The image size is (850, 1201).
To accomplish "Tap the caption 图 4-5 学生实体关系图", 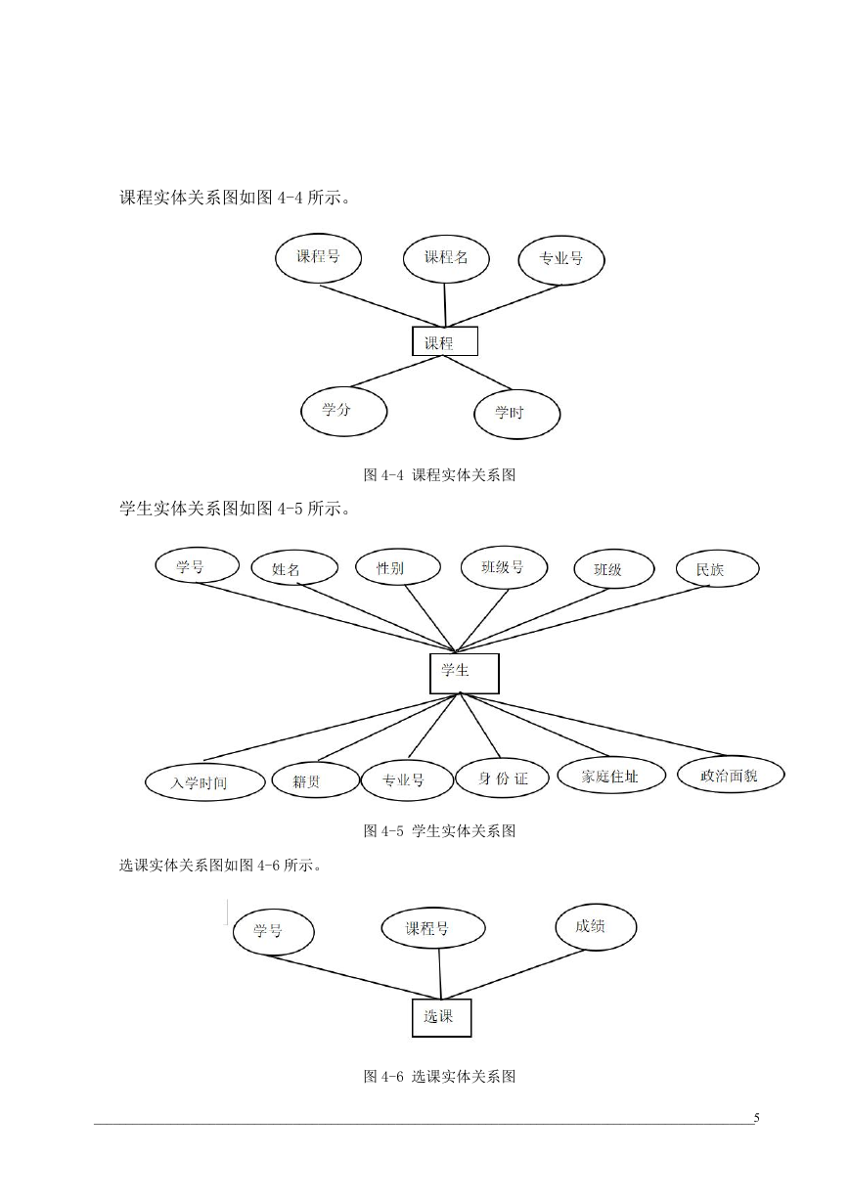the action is tap(439, 831).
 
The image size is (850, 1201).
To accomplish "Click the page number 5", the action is tap(757, 1118).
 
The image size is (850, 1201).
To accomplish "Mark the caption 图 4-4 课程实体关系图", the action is tap(439, 474).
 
